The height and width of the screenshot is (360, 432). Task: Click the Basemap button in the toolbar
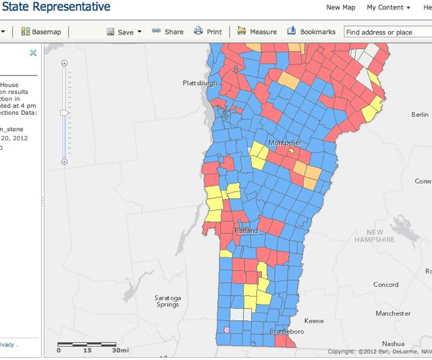tap(40, 32)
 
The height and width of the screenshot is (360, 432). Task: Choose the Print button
tap(208, 32)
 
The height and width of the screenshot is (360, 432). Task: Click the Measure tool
tap(257, 32)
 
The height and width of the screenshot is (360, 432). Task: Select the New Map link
tap(341, 7)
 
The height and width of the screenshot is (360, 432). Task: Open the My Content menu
tap(388, 7)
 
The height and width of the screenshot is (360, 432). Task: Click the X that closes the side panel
tap(33, 53)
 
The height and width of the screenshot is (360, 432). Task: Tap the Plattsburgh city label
tap(200, 83)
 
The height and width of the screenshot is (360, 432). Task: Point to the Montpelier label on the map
tap(285, 143)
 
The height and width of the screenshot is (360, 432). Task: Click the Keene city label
tap(315, 321)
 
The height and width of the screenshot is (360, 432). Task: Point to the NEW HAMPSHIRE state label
tap(375, 236)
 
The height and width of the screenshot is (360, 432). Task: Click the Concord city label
tap(386, 284)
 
